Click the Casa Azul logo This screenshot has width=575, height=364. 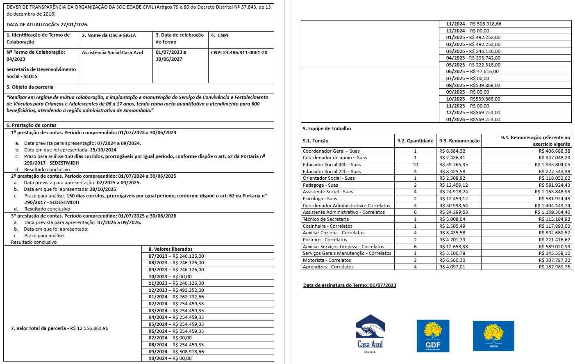pyautogui.click(x=370, y=333)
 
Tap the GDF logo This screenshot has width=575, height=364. pyautogui.click(x=433, y=336)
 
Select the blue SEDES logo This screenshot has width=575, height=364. pyautogui.click(x=493, y=336)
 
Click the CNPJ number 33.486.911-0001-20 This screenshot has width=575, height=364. pyautogui.click(x=239, y=53)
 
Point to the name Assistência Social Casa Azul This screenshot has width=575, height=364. pyautogui.click(x=112, y=53)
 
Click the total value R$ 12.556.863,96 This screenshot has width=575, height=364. pyautogui.click(x=89, y=328)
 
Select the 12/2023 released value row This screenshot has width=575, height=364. pyautogui.click(x=176, y=290)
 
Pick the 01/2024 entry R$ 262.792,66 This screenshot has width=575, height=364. pyautogui.click(x=176, y=297)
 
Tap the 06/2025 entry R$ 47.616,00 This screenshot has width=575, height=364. pyautogui.click(x=472, y=71)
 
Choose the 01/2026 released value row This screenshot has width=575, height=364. pyautogui.click(x=473, y=119)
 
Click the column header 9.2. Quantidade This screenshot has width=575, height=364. pyautogui.click(x=415, y=141)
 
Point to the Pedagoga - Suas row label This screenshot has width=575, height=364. pyautogui.click(x=320, y=185)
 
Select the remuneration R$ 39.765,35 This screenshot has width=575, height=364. pyautogui.click(x=453, y=165)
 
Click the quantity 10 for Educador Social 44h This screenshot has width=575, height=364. pyautogui.click(x=415, y=165)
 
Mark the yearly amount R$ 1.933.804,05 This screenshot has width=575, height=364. pyautogui.click(x=552, y=165)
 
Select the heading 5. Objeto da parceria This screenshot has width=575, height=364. pyautogui.click(x=30, y=87)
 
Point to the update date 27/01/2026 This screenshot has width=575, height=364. pyautogui.click(x=74, y=25)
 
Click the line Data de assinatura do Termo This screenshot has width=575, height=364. pyautogui.click(x=350, y=285)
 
